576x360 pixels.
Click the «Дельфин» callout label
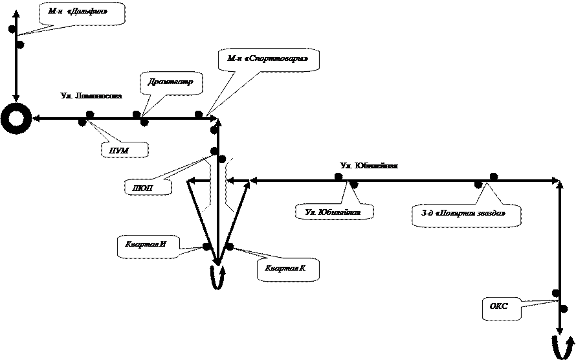tap(82, 12)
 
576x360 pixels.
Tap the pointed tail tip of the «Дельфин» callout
tap(24, 34)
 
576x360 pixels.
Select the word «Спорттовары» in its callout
tap(280, 59)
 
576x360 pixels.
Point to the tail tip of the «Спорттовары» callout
tap(208, 115)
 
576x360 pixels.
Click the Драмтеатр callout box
tap(171, 82)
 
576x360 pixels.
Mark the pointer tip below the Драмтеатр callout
tap(143, 115)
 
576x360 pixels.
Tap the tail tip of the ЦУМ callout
tap(90, 122)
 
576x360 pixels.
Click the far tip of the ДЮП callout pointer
tap(211, 157)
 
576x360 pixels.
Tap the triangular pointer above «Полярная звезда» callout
tap(486, 185)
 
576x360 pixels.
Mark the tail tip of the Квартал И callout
tap(198, 247)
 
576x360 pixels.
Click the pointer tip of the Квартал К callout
tap(234, 248)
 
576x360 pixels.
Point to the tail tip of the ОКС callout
tap(555, 301)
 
